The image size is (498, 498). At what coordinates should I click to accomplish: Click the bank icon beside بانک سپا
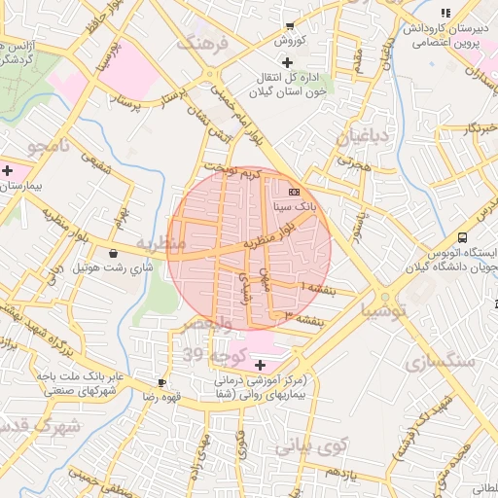click(x=294, y=193)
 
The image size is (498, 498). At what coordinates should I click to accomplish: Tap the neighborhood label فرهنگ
click(x=202, y=44)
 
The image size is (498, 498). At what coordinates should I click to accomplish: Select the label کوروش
click(x=290, y=41)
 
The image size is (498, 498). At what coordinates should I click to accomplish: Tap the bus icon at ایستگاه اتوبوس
click(x=462, y=236)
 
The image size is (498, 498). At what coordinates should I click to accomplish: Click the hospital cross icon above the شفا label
click(x=259, y=365)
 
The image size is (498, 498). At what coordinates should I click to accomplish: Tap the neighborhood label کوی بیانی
click(x=310, y=446)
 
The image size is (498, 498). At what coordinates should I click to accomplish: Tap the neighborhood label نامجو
click(x=49, y=147)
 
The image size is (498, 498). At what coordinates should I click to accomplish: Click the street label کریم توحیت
click(x=239, y=173)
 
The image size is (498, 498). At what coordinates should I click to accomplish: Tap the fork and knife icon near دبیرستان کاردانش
click(x=445, y=13)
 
